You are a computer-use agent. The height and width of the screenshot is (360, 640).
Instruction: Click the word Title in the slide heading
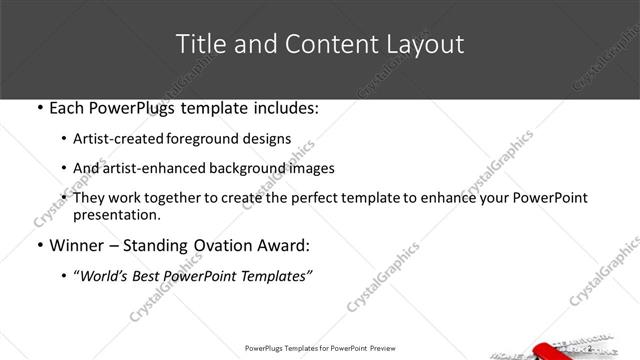[x=199, y=44]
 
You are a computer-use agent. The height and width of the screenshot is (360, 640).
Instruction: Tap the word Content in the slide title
[x=317, y=44]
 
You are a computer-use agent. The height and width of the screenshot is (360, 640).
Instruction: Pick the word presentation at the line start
[x=116, y=215]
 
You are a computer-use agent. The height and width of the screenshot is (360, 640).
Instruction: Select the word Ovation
[x=231, y=246]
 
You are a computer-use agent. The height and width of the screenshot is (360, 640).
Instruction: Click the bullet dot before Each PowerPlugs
[x=38, y=108]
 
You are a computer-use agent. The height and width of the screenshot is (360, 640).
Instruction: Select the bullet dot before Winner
[x=38, y=246]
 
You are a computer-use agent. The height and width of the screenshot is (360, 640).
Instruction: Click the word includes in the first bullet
[x=286, y=108]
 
